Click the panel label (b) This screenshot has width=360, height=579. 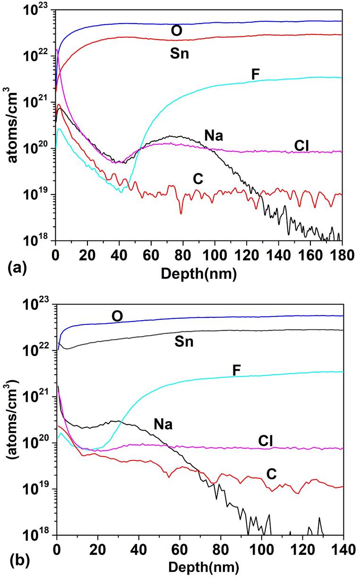click(14, 563)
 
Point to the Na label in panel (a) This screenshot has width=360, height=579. click(213, 136)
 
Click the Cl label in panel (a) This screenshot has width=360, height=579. click(302, 145)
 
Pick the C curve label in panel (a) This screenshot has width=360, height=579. click(198, 179)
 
